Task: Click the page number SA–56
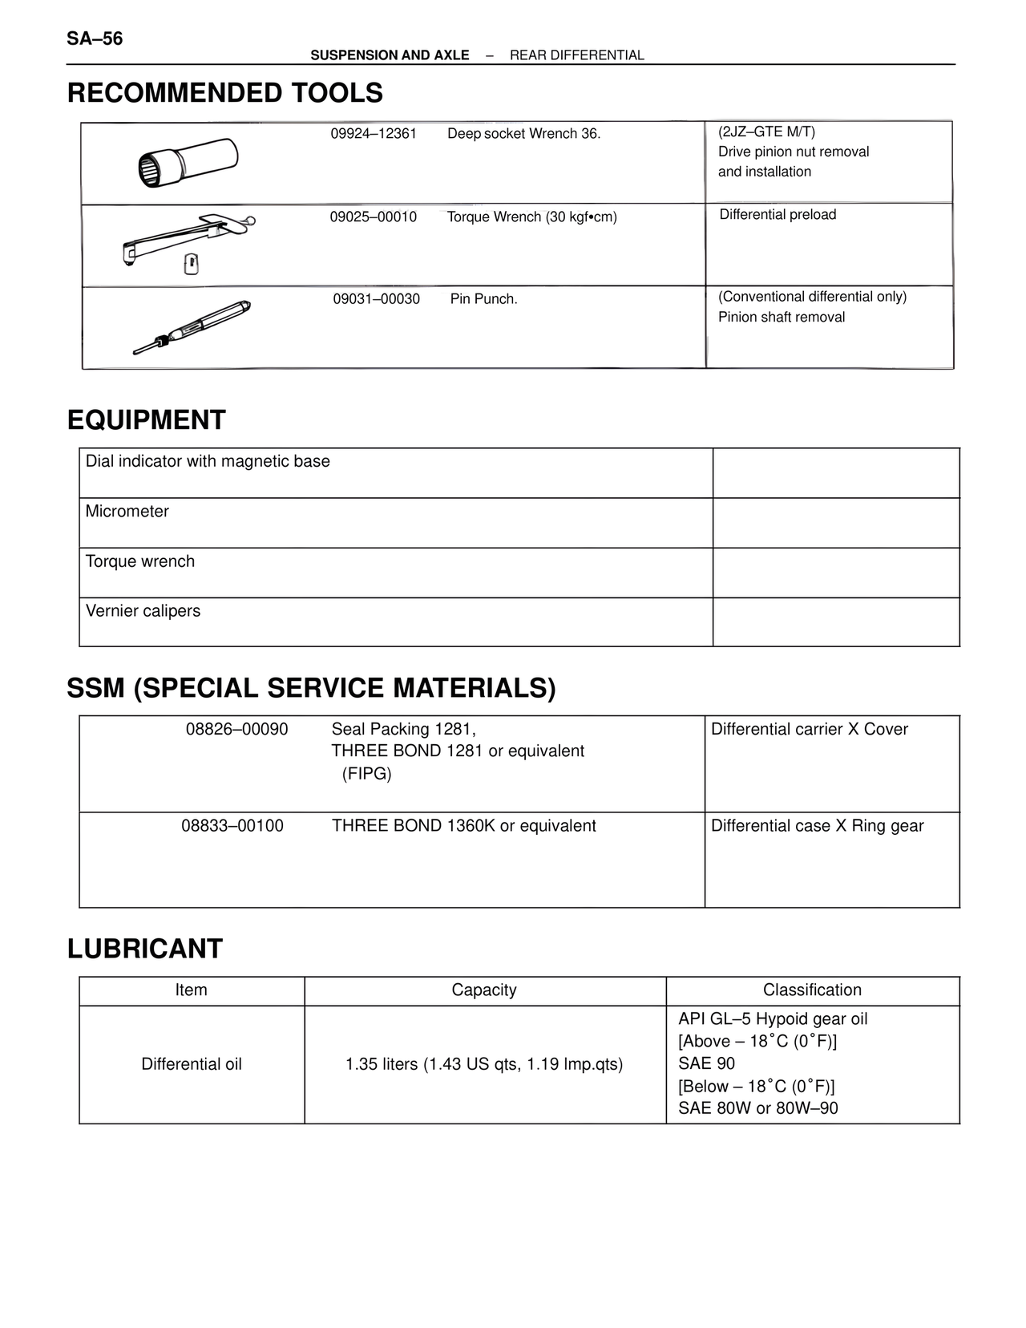click(95, 38)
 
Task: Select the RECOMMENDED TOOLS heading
click(224, 93)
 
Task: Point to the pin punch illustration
click(192, 327)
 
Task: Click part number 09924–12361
click(374, 134)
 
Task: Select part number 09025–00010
click(374, 217)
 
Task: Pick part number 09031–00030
click(377, 299)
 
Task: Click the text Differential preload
click(778, 215)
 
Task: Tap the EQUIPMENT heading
click(147, 419)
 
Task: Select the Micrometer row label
click(127, 512)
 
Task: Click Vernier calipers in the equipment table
click(143, 611)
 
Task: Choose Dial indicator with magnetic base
click(208, 461)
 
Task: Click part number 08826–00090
click(237, 730)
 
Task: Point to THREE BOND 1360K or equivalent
click(464, 826)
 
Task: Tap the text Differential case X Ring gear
click(817, 826)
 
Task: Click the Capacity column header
click(484, 990)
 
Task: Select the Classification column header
click(812, 990)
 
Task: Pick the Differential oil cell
click(192, 1064)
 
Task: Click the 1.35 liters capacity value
click(484, 1064)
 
